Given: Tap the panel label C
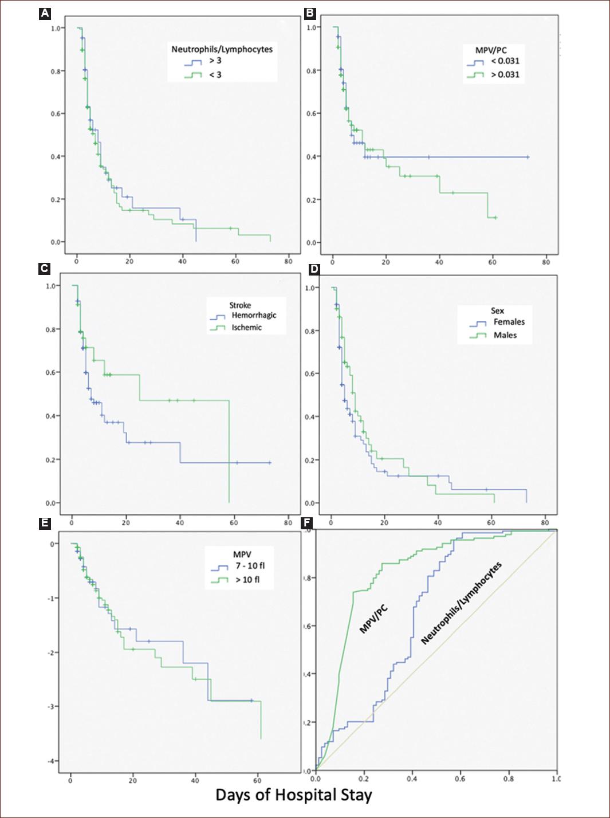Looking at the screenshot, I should [45, 269].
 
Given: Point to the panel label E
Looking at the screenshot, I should [45, 523].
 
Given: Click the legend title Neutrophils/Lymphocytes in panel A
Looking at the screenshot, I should [222, 49].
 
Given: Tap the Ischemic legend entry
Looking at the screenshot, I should [247, 328].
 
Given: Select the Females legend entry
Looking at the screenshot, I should [509, 322].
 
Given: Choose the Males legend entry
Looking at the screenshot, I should [505, 335].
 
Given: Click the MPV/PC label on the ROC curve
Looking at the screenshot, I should [373, 620].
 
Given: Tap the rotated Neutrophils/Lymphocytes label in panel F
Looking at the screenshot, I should [462, 603].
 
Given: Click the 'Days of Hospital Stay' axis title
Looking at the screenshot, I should [293, 795].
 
